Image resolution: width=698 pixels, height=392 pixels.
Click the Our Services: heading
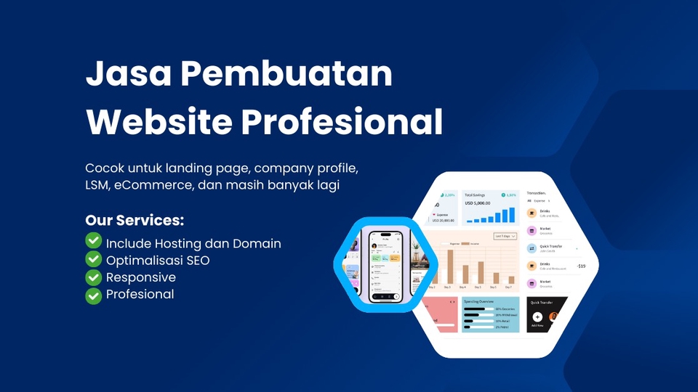pos(135,220)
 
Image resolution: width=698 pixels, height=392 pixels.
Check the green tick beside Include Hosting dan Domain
pos(93,242)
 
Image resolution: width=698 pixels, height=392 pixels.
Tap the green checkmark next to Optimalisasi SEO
pos(93,259)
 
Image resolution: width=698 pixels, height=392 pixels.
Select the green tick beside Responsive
pos(93,277)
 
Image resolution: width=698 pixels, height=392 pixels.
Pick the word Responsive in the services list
pos(140,277)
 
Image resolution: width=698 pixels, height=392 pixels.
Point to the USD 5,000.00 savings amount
pos(480,204)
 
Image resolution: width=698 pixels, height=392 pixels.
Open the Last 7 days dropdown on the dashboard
pos(505,236)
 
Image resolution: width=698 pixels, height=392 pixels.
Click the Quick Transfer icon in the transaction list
pos(532,248)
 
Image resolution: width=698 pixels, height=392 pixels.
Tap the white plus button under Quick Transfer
pos(537,317)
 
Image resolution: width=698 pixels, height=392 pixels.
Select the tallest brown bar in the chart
pos(451,266)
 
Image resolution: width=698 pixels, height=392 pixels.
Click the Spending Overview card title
pos(480,300)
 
